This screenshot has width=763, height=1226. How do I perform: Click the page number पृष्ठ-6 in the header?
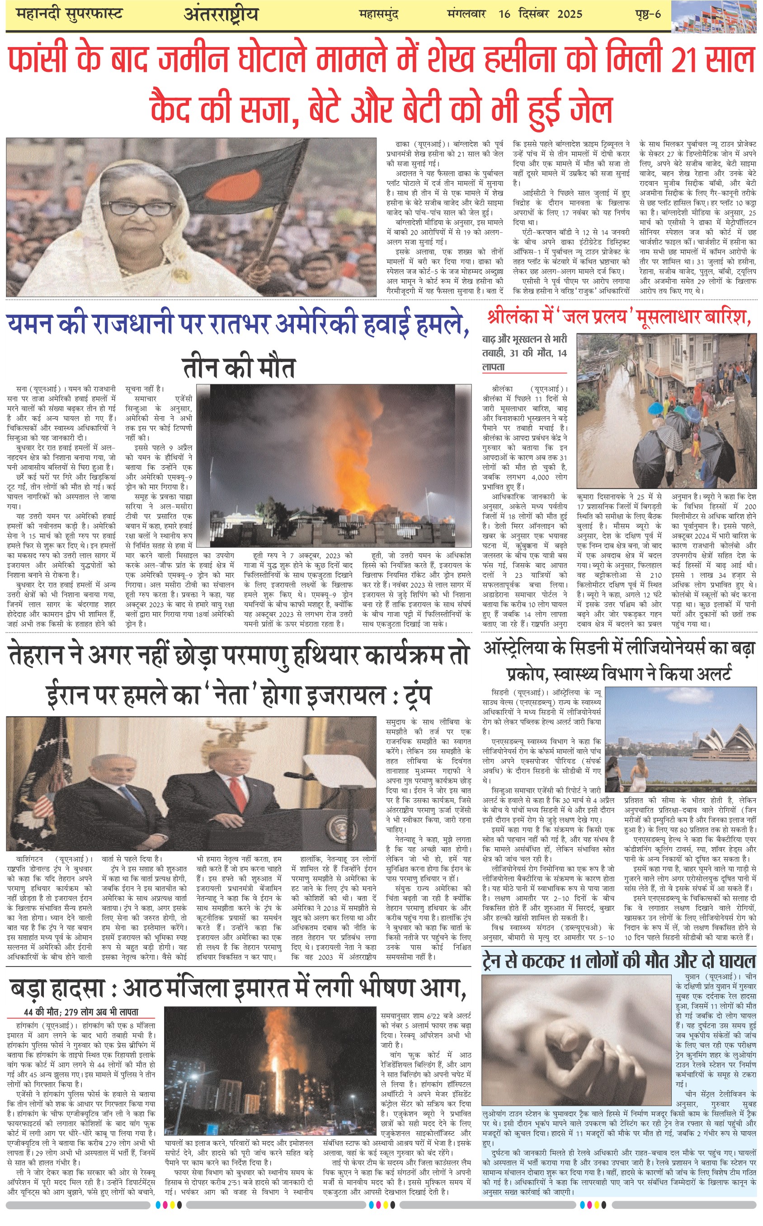tap(648, 14)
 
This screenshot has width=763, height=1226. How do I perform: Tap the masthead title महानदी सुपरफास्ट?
tap(69, 14)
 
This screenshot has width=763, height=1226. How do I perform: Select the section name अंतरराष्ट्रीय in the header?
tap(221, 14)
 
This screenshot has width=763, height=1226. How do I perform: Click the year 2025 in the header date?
tap(570, 14)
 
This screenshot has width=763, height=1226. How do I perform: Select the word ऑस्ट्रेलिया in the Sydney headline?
tap(523, 649)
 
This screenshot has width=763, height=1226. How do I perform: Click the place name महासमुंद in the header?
tap(378, 14)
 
